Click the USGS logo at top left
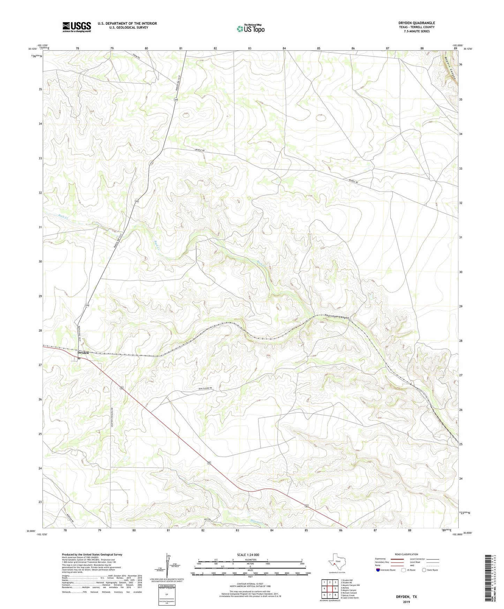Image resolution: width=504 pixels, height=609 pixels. [x=77, y=27]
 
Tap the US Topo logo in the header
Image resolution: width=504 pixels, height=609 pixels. [x=250, y=28]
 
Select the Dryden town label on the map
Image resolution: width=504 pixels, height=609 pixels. [x=83, y=353]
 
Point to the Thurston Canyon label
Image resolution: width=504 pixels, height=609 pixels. [x=337, y=317]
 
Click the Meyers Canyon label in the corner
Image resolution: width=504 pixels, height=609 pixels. [x=451, y=68]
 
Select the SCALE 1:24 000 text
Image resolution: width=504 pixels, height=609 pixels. [x=248, y=555]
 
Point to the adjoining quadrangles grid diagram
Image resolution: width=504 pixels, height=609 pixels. [x=330, y=589]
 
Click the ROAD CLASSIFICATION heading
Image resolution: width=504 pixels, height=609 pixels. [x=406, y=554]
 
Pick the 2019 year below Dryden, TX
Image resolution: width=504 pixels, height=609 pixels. [x=406, y=602]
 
